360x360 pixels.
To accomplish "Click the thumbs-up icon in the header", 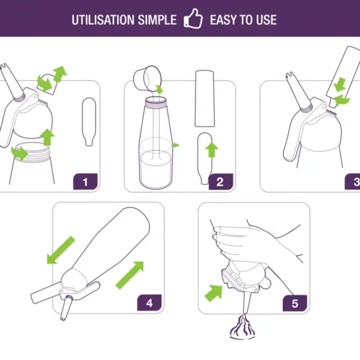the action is pos(193,19).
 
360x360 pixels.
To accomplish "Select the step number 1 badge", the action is pos(86,181).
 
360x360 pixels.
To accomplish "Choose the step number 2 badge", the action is pos(221,182).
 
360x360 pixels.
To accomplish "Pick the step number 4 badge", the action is pos(149,302).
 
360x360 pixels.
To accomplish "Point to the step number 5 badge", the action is pos(295,303).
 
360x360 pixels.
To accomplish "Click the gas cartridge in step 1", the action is pos(89,122).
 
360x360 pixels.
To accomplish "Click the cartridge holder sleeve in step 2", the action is pos(205,99).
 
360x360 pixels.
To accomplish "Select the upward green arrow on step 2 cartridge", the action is pos(212,150).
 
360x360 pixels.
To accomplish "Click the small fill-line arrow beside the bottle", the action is pos(176,145).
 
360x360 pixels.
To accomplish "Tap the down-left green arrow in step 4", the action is pos(60,251).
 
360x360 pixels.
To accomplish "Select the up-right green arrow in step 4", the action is pos(130,275).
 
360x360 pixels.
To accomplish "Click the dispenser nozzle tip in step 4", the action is pos(63,318).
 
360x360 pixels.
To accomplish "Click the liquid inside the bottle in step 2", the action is pos(156,169).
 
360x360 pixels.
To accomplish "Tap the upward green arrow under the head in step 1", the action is pos(48,137).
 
